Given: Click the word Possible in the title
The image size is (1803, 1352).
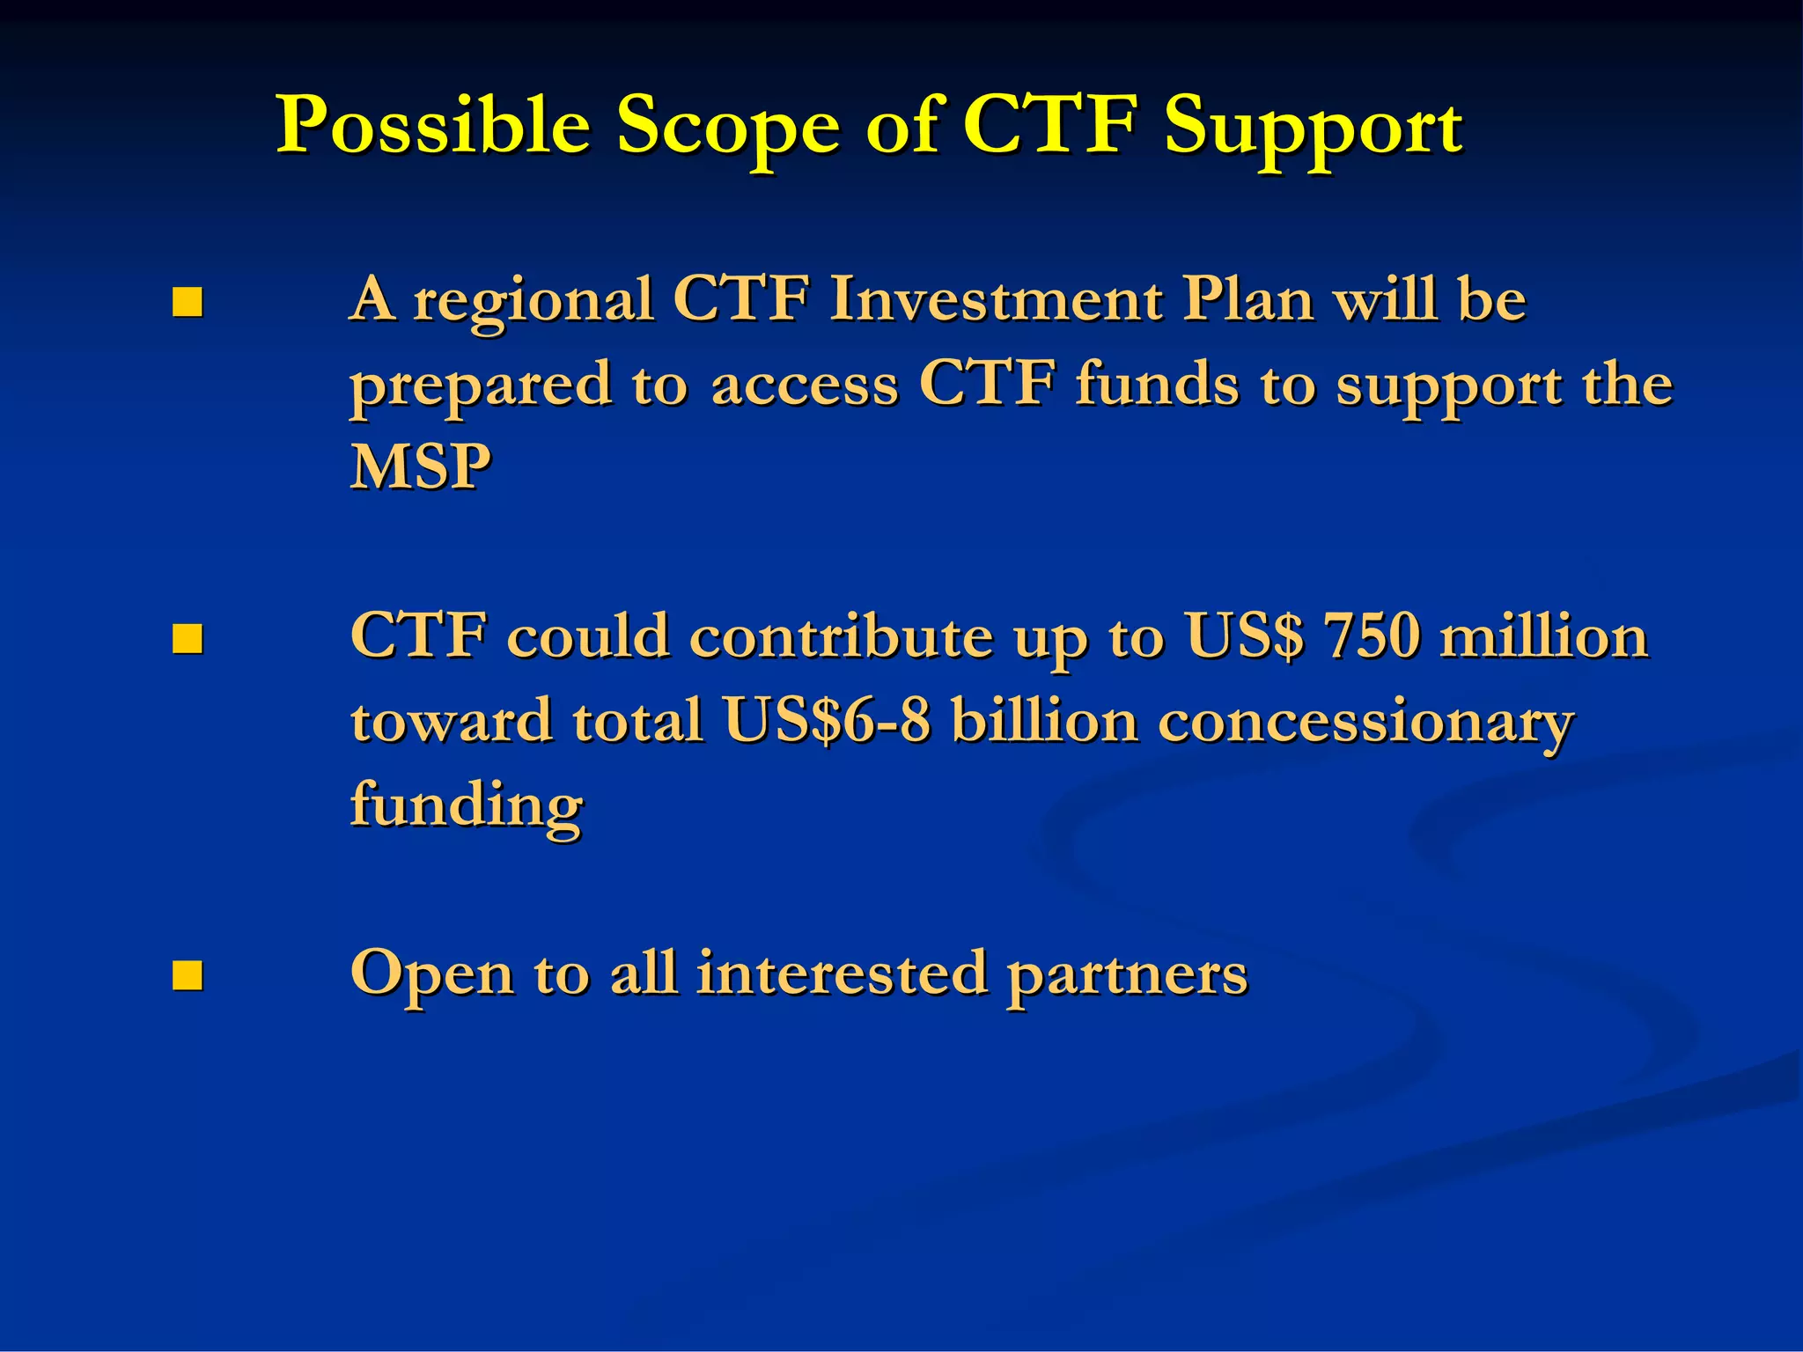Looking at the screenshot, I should point(432,125).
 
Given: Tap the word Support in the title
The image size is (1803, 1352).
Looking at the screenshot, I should point(1313,125).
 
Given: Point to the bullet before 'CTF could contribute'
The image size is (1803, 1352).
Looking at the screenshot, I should point(187,639).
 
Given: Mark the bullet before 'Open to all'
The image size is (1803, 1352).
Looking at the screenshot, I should point(187,975).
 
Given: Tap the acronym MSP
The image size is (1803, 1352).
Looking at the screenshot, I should point(420,467).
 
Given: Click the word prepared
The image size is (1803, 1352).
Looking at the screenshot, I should point(481,385).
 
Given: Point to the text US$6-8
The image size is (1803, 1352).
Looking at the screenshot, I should point(827,721).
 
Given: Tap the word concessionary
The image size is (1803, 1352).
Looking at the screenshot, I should point(1365,721).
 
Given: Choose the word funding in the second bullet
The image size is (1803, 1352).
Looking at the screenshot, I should point(466,805).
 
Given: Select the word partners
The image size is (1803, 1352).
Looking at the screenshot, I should point(1127,974).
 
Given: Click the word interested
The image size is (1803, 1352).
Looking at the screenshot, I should point(841,974).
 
